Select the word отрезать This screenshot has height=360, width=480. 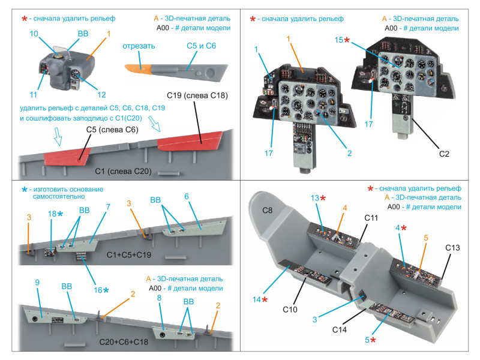tap(139, 46)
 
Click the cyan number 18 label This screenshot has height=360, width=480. tap(53, 214)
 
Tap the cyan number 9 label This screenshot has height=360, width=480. tap(38, 282)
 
